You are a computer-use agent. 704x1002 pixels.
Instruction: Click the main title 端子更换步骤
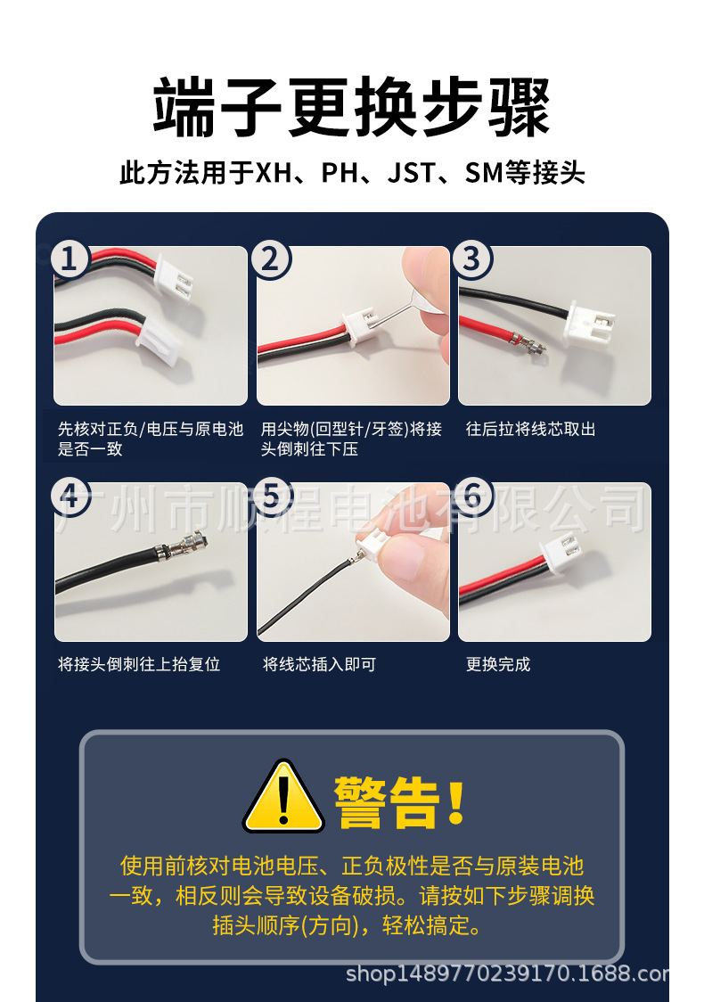[x=352, y=107]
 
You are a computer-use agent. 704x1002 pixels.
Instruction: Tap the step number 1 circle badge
[x=71, y=259]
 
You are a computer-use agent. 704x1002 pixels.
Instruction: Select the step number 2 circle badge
[x=271, y=259]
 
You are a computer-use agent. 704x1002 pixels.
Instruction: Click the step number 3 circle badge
[x=472, y=259]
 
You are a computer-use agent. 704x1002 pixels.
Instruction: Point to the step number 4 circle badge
[x=71, y=496]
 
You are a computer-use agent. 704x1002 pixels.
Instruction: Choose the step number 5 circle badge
[x=271, y=496]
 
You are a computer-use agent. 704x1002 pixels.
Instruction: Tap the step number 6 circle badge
[x=472, y=496]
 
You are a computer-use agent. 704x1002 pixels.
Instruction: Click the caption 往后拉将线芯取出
[x=530, y=429]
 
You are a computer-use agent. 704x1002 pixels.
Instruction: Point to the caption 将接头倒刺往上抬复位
[x=139, y=664]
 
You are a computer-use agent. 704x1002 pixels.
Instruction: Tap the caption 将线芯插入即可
[x=319, y=664]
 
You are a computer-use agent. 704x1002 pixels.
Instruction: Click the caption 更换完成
[x=498, y=664]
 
